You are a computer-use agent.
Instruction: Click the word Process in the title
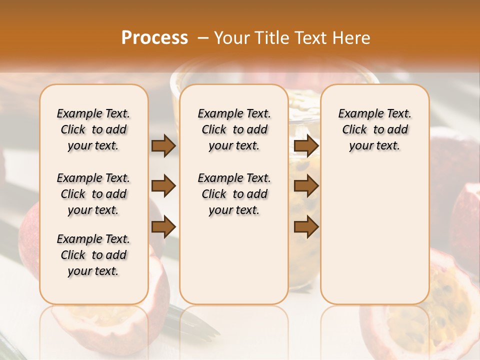154,38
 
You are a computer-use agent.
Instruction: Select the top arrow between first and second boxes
163,146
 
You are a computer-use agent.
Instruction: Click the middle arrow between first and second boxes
163,186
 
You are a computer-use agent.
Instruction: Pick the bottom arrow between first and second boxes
163,227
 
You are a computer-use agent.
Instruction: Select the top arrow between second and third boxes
306,146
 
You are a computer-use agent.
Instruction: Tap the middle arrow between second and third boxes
306,186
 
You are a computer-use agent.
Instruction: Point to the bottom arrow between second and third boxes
306,227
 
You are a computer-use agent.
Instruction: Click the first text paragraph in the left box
93,129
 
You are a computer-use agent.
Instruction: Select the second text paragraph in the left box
93,194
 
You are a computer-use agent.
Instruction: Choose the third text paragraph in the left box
93,255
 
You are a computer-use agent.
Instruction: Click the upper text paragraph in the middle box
234,129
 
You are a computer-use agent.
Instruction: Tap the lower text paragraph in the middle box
234,194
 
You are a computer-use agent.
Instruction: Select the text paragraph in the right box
374,129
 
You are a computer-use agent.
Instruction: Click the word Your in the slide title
229,38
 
